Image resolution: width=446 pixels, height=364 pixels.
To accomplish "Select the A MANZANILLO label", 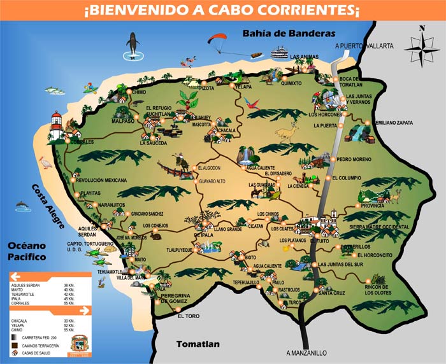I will (306, 353).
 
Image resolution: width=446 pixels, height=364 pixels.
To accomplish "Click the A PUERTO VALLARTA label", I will (364, 46).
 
